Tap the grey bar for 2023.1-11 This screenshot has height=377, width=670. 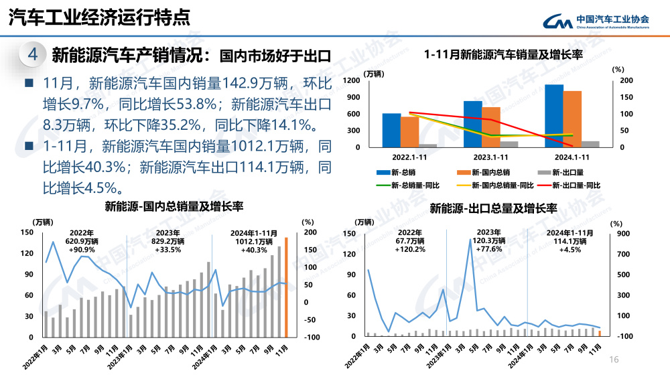(x=509, y=144)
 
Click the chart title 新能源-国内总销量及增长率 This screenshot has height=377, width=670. (x=173, y=208)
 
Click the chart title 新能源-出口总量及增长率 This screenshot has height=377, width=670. (x=493, y=208)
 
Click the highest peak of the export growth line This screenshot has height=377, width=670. (x=470, y=239)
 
